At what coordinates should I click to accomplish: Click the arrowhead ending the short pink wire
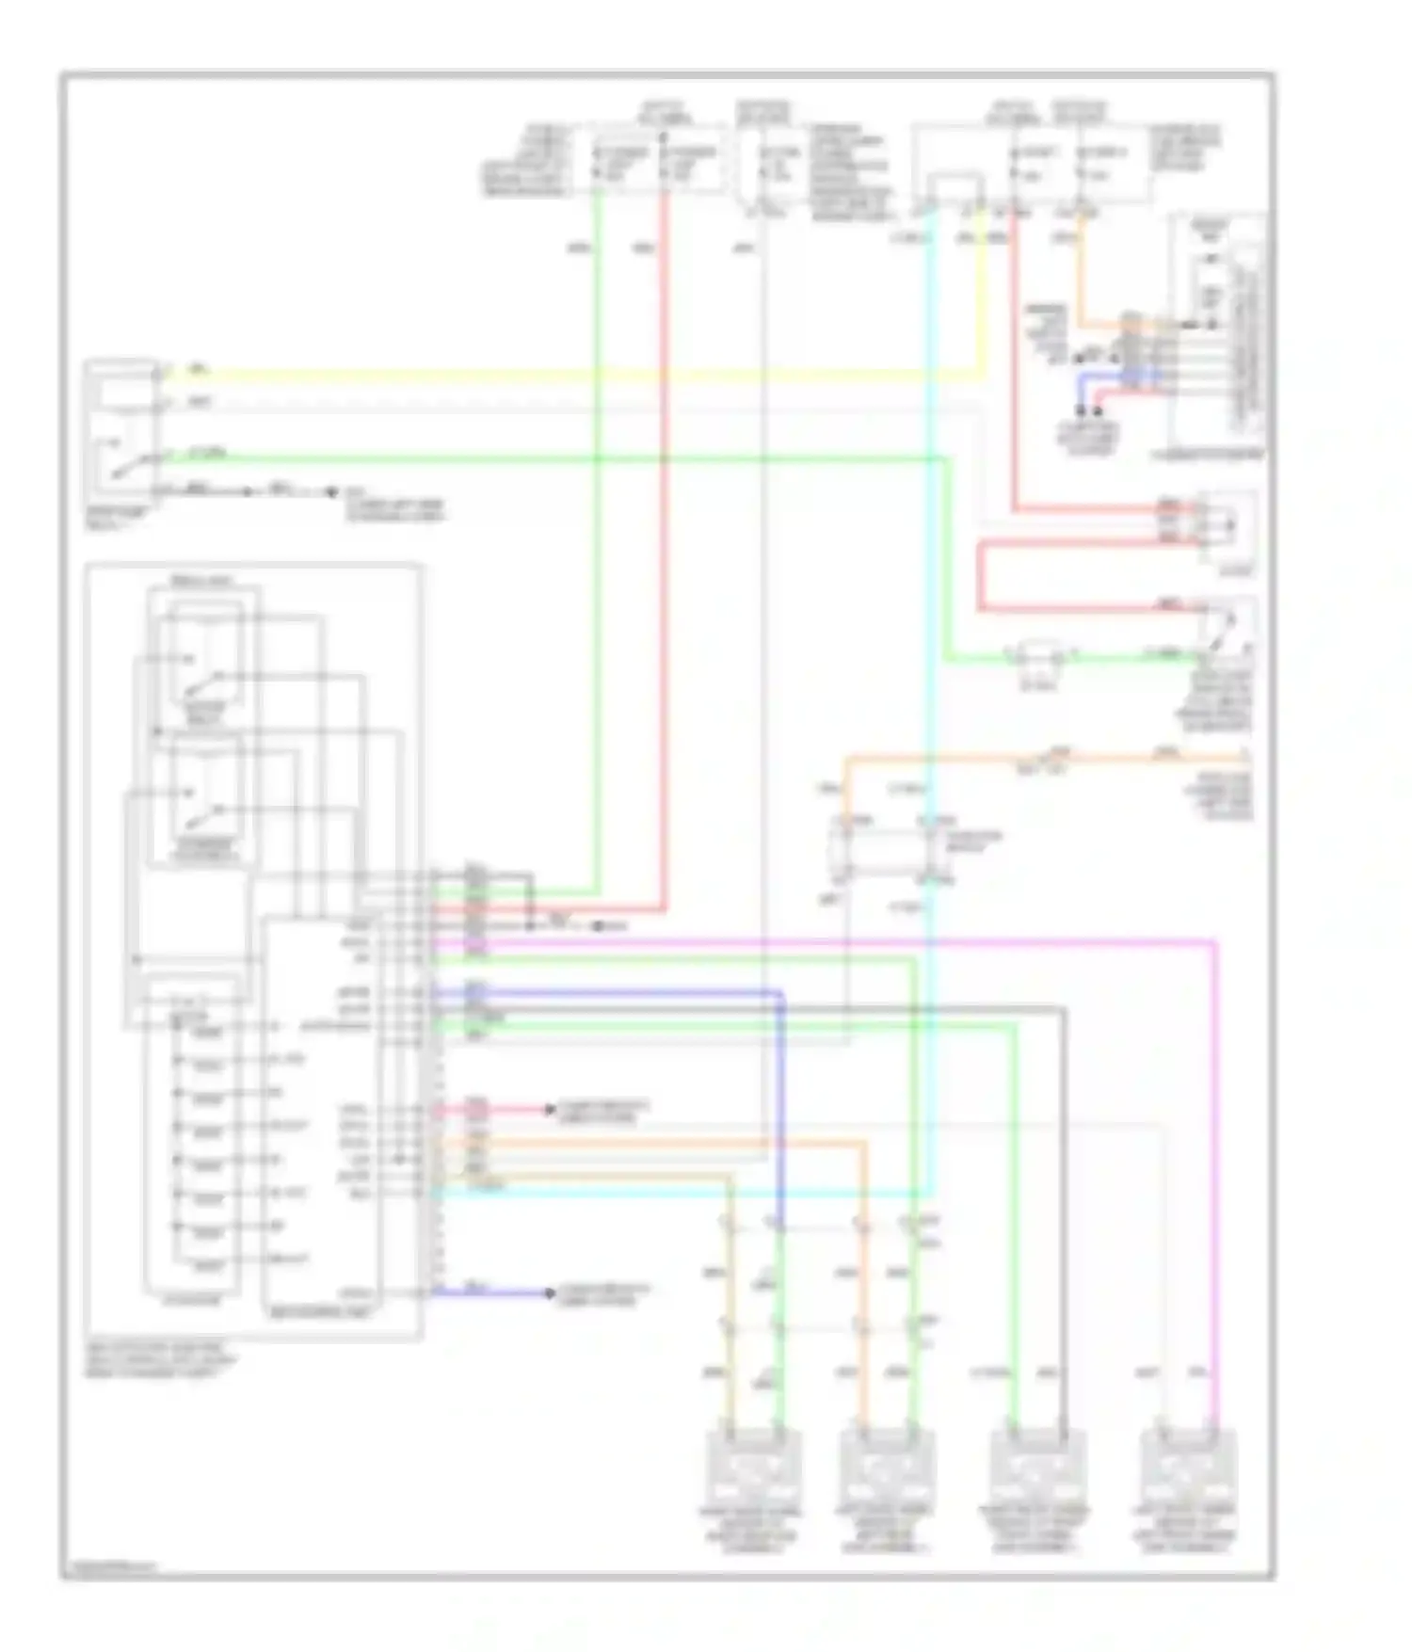(x=551, y=1110)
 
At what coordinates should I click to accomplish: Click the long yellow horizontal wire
(x=565, y=376)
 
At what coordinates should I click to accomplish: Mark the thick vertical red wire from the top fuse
(x=664, y=565)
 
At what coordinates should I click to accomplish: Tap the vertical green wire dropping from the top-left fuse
(x=597, y=565)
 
